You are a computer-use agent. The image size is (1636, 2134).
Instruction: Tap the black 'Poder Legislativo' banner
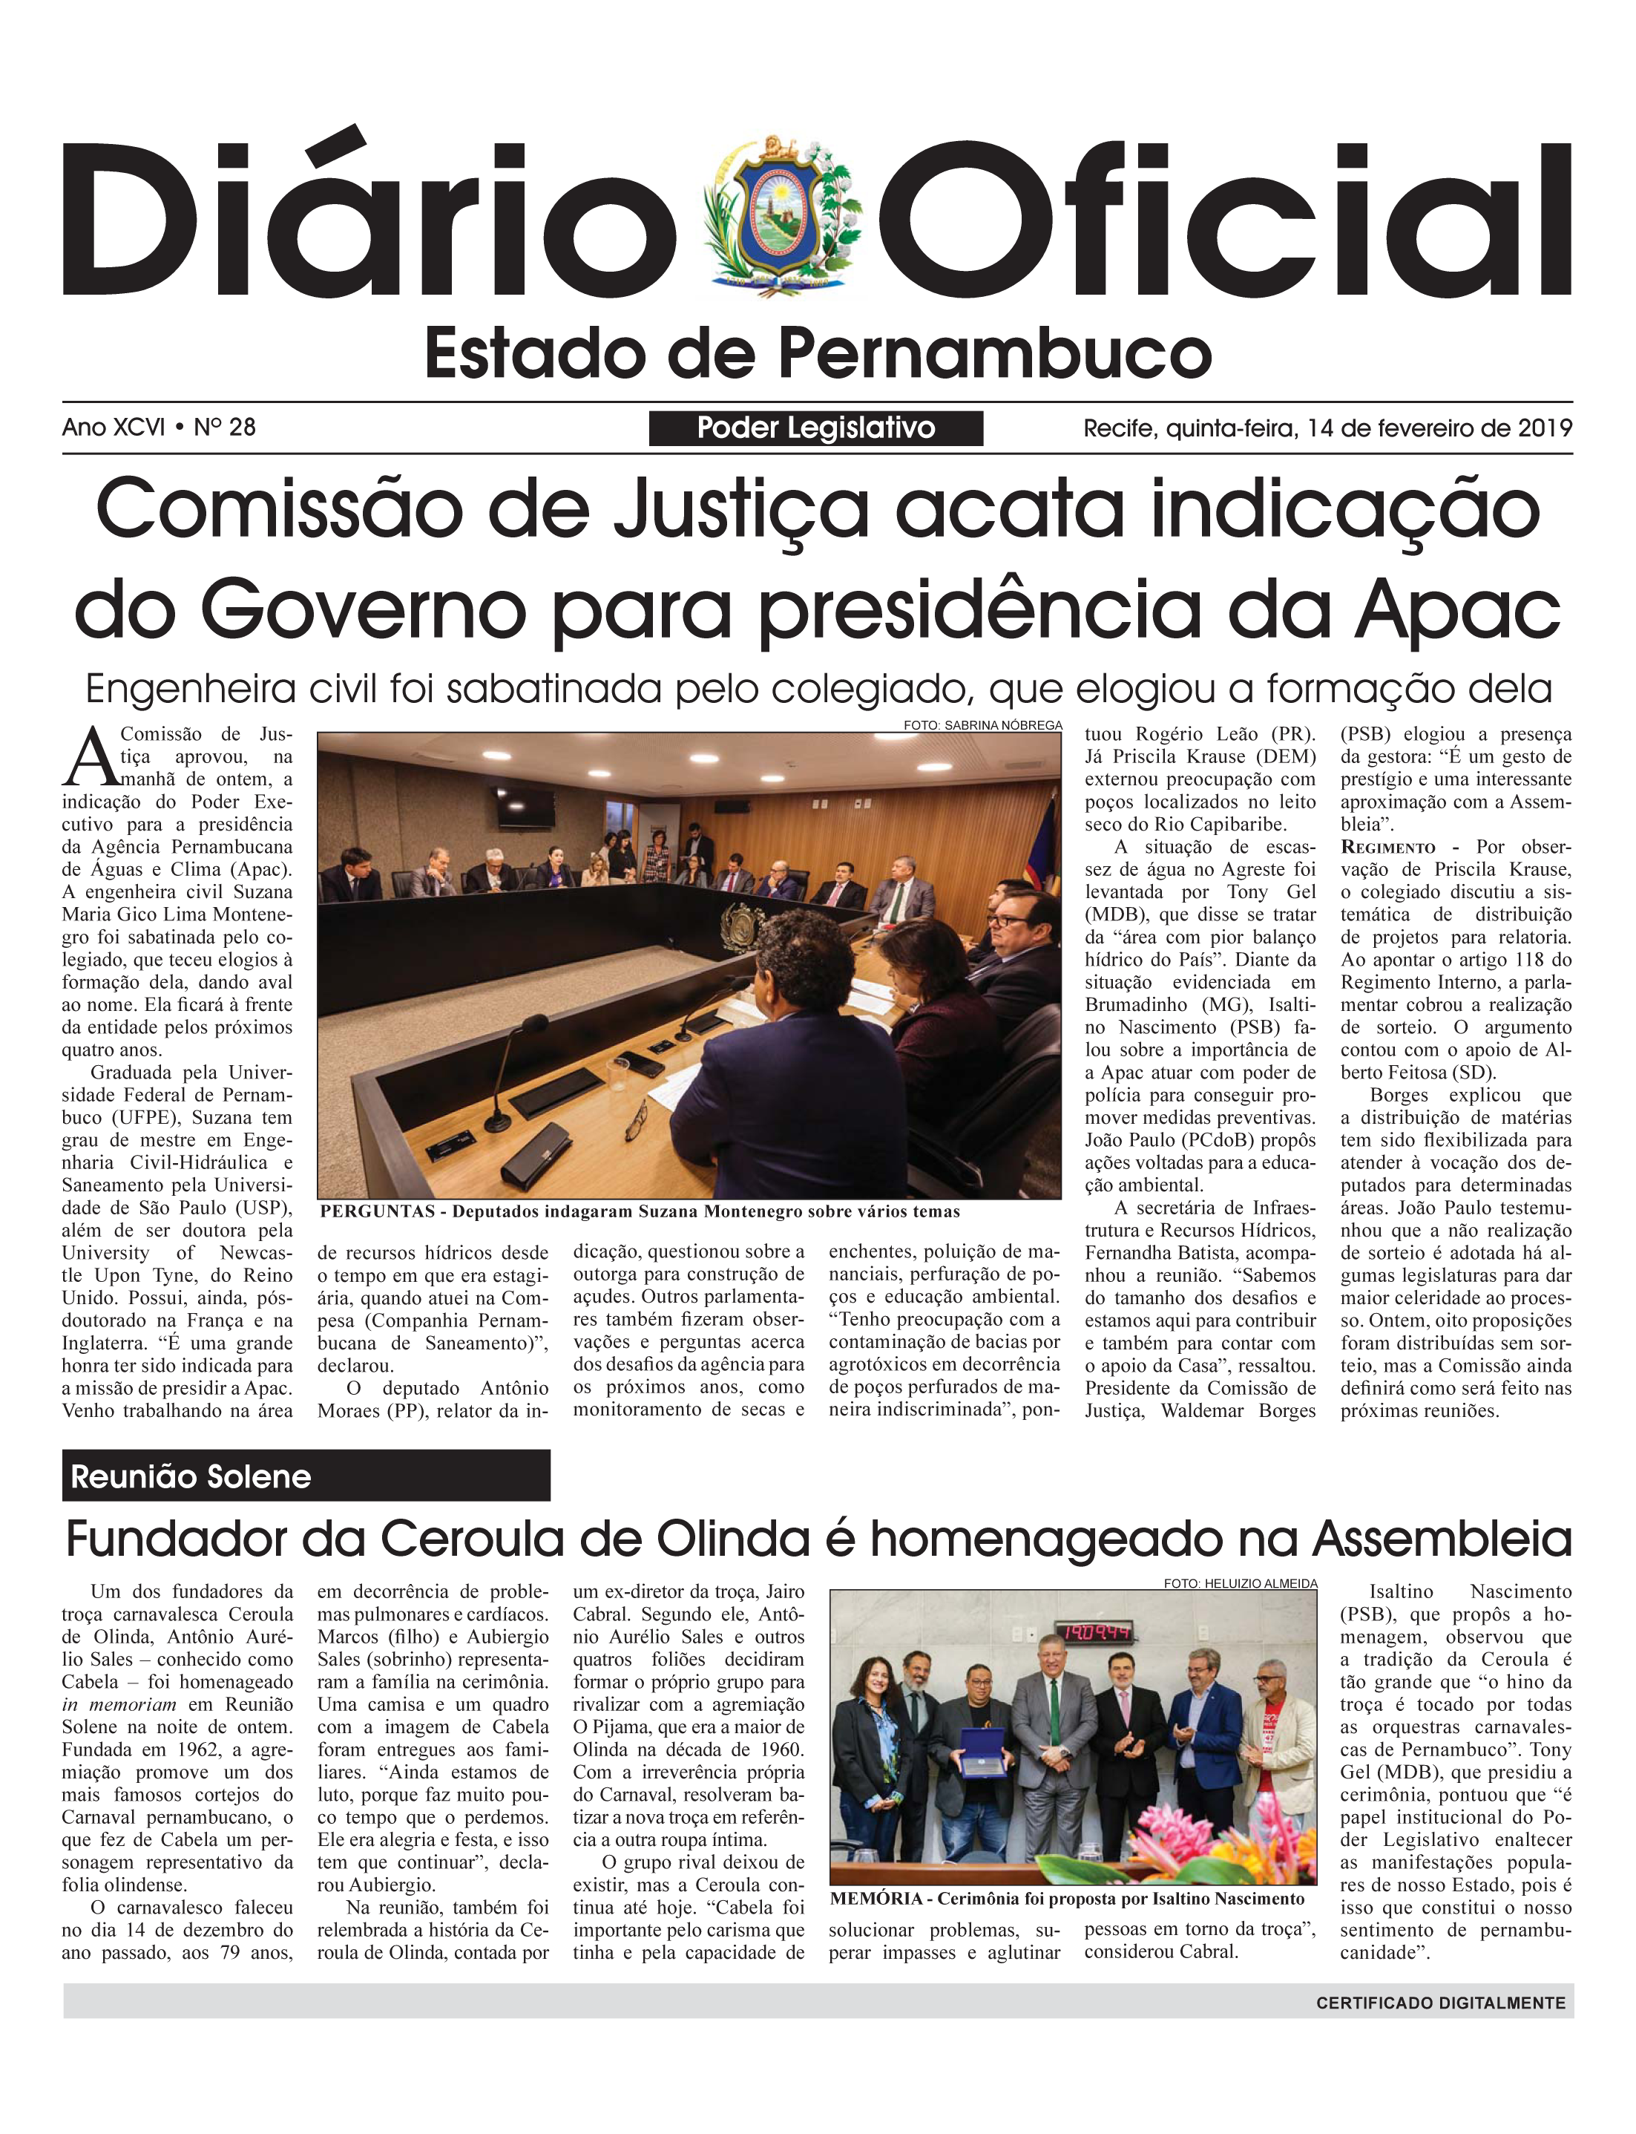(x=815, y=428)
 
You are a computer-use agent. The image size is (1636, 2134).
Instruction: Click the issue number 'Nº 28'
(x=225, y=427)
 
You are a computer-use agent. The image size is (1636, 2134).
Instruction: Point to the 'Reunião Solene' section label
(x=191, y=1476)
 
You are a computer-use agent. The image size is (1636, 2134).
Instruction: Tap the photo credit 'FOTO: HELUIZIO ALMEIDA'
(x=1240, y=1584)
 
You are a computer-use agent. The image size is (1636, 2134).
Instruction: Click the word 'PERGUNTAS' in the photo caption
(x=377, y=1211)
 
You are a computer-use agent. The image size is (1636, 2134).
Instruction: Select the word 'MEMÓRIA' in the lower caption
(x=876, y=1898)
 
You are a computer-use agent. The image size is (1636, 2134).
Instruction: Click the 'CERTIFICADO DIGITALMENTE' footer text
(x=1440, y=2003)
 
